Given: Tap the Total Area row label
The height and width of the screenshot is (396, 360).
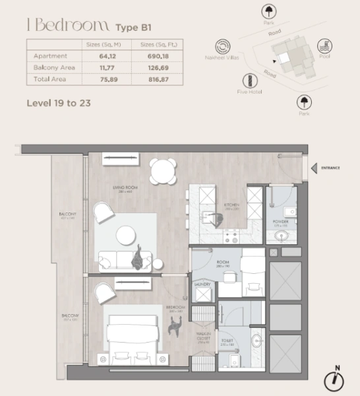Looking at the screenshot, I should coord(47,79).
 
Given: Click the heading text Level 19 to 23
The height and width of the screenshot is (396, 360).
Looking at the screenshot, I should coord(58,103).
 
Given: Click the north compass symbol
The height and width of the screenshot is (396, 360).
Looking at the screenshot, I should coord(336,379).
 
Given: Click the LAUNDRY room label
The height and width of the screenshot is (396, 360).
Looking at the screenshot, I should coord(202,284).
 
